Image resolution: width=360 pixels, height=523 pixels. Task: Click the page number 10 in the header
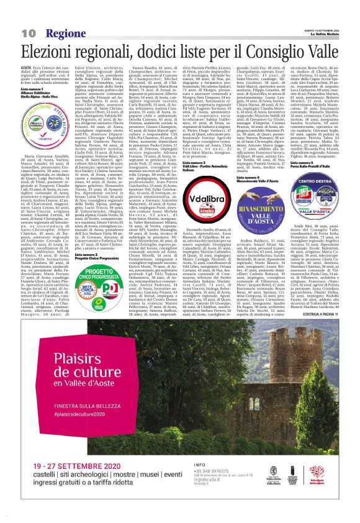tap(27, 32)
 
